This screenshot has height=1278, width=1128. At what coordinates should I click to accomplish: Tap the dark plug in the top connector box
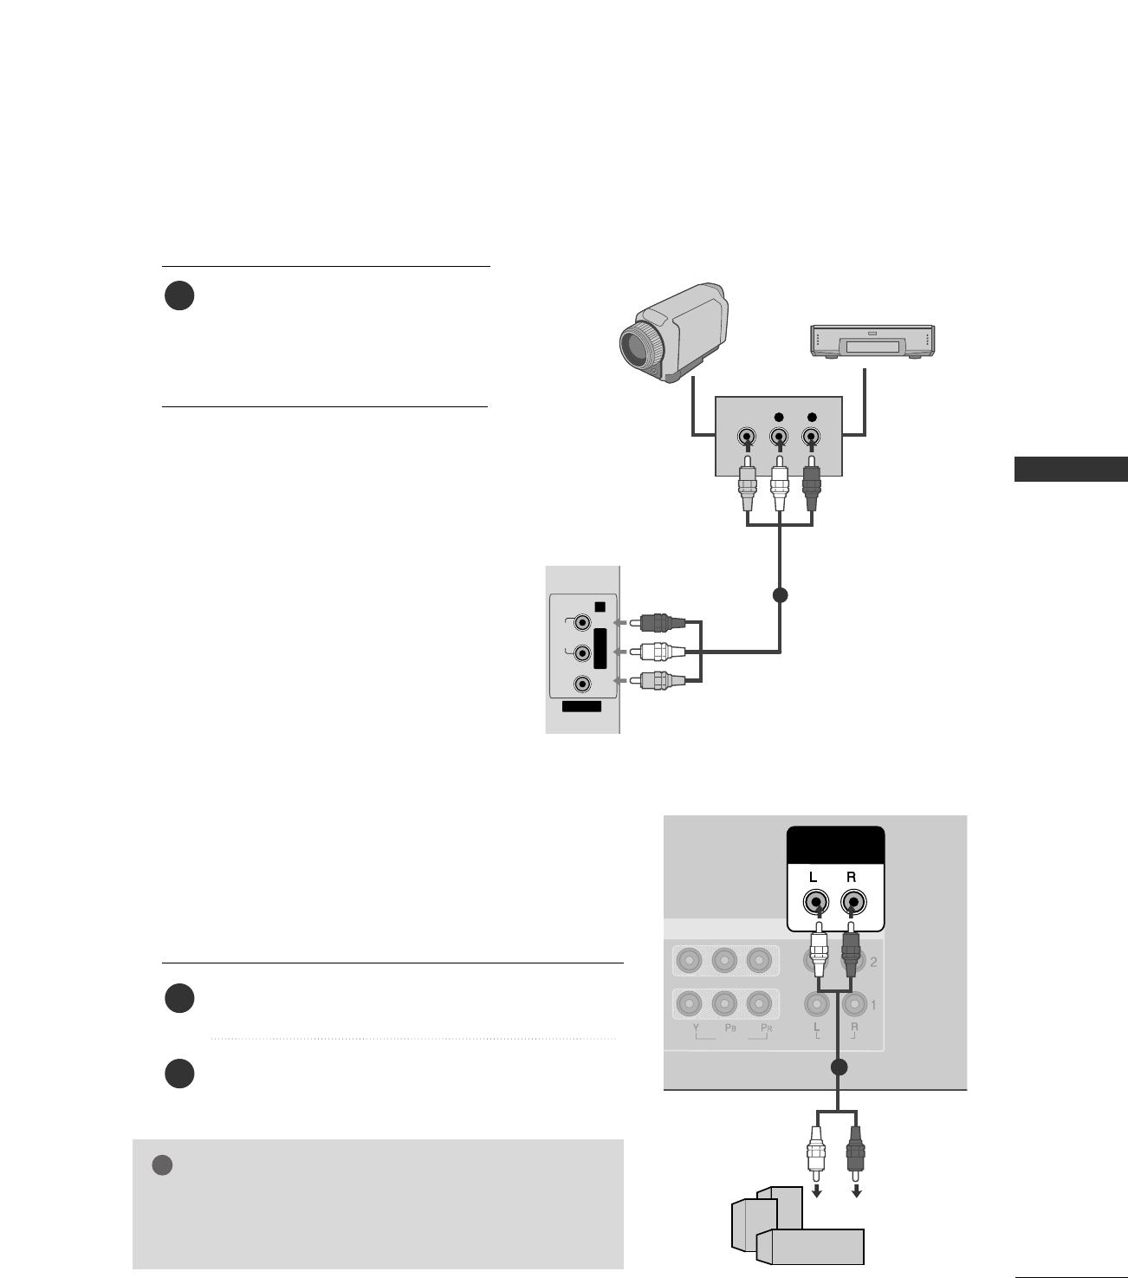pyautogui.click(x=812, y=489)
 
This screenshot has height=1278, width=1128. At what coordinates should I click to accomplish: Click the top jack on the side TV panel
pyautogui.click(x=582, y=622)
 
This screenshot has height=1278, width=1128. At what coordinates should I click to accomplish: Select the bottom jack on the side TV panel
pyautogui.click(x=582, y=684)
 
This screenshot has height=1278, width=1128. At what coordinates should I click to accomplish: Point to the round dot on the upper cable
pyautogui.click(x=780, y=595)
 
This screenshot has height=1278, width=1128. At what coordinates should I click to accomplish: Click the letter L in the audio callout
pyautogui.click(x=814, y=877)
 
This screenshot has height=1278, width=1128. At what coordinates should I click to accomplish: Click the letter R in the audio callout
pyautogui.click(x=852, y=877)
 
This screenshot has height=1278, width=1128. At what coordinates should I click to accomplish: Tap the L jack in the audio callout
pyautogui.click(x=814, y=904)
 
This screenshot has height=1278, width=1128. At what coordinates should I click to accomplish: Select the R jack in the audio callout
pyautogui.click(x=853, y=904)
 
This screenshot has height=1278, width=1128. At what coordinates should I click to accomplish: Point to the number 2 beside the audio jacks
pyautogui.click(x=873, y=962)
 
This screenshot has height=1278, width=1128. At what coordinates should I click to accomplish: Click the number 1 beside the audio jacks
pyautogui.click(x=873, y=1005)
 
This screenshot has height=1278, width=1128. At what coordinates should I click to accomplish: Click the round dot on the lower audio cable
pyautogui.click(x=837, y=1067)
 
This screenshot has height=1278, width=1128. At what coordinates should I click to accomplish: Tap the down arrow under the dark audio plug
pyautogui.click(x=857, y=1192)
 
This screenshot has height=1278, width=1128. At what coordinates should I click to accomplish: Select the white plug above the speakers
pyautogui.click(x=814, y=1152)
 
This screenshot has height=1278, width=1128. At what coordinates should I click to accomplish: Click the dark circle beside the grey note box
pyautogui.click(x=162, y=1165)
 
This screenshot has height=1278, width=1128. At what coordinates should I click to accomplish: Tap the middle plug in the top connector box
pyautogui.click(x=779, y=489)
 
